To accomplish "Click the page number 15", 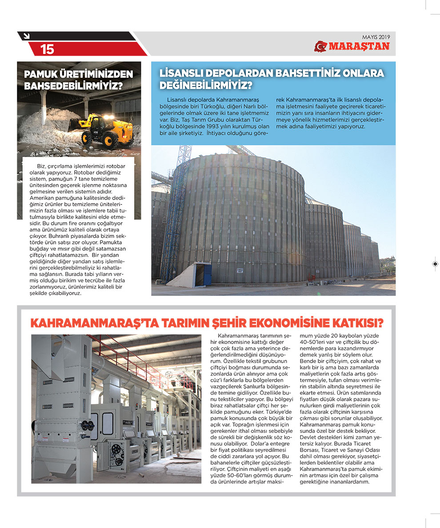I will coord(47,49).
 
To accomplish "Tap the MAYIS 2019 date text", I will coord(376,37).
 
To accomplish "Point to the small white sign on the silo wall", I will coord(239,270).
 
